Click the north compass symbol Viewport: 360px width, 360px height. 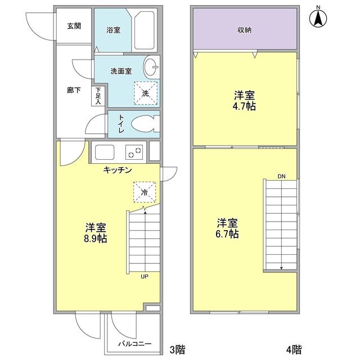click(x=318, y=18)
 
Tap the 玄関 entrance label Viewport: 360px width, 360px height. click(x=74, y=26)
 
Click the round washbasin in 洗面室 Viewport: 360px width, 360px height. click(x=152, y=68)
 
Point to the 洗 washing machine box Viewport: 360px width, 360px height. click(x=145, y=92)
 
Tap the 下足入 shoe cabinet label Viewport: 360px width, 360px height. click(x=98, y=96)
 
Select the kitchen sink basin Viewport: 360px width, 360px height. click(x=105, y=152)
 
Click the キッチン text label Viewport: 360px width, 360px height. click(x=118, y=170)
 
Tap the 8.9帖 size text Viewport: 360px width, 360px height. click(x=96, y=238)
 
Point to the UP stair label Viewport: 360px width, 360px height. click(x=145, y=276)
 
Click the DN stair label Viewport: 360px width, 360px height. click(x=281, y=177)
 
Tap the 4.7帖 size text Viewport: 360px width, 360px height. click(x=245, y=106)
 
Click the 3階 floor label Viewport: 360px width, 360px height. click(x=177, y=350)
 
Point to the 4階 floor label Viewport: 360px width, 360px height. click(x=294, y=350)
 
